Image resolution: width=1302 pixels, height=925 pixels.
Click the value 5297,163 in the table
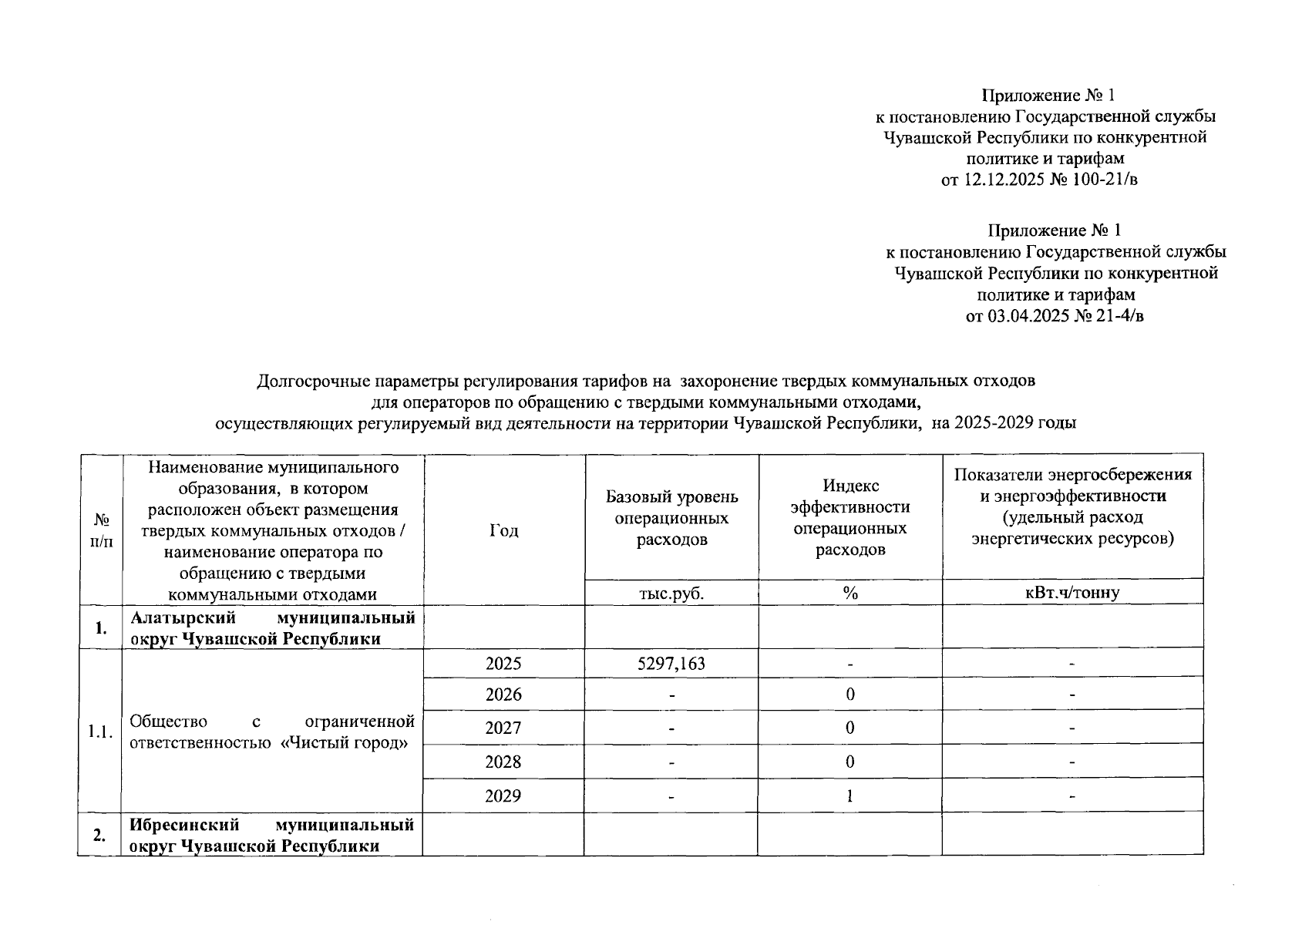(x=671, y=664)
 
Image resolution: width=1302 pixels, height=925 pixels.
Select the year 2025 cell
(x=503, y=664)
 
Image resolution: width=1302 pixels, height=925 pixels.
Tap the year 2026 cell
(x=503, y=695)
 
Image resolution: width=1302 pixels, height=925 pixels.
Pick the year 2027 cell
(x=503, y=728)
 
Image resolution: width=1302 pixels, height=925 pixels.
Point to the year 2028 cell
(x=503, y=762)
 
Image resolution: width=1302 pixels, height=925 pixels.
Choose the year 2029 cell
(x=503, y=795)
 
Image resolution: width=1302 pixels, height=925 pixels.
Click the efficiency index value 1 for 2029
(x=849, y=795)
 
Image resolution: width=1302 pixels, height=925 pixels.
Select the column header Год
(x=503, y=530)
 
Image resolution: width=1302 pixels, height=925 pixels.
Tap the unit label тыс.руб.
(x=671, y=593)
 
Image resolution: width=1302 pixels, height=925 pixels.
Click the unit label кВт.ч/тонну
(x=1072, y=593)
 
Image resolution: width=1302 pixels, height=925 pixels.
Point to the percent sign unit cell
(x=850, y=593)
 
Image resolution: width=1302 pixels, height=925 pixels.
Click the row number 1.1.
(x=100, y=732)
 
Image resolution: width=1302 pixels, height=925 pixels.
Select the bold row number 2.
(x=99, y=836)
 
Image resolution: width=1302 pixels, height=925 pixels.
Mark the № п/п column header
(x=101, y=530)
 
